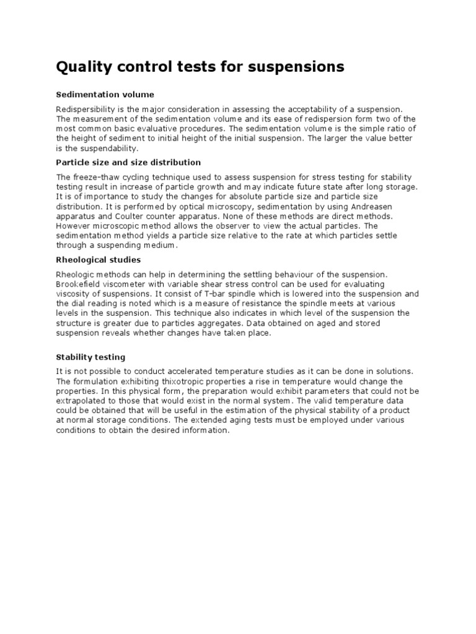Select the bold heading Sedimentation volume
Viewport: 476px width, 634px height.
pos(105,95)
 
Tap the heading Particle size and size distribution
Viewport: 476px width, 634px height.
pos(128,162)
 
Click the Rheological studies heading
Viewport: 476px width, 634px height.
pos(98,259)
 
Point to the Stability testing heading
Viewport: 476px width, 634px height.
pos(90,357)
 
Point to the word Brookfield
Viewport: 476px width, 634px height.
pos(77,284)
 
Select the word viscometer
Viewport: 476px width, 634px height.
pos(125,284)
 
